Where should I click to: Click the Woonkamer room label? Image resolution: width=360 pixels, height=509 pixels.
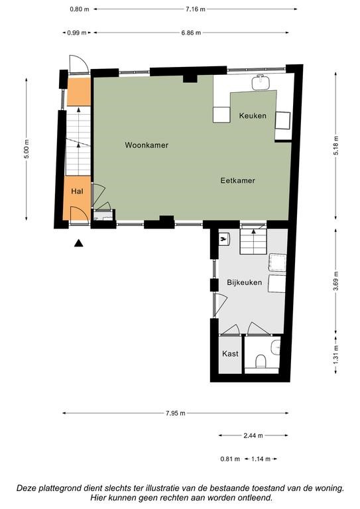[x=147, y=144]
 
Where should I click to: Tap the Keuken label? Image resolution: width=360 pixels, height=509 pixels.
[x=253, y=115]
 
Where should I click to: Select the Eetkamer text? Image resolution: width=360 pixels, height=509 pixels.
[x=237, y=180]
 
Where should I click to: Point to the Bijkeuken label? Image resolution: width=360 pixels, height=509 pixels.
[x=244, y=282]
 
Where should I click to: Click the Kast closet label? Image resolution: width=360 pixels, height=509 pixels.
[x=230, y=353]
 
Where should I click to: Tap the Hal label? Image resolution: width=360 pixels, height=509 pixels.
[x=77, y=191]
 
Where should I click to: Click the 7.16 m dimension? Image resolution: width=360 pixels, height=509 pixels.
[x=196, y=9]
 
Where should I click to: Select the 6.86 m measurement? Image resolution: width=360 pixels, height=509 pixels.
[x=191, y=32]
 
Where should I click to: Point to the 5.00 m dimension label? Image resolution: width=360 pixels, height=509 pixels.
[x=27, y=148]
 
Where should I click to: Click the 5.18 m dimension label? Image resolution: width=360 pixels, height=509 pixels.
[x=335, y=145]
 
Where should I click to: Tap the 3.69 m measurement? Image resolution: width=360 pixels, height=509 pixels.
[x=335, y=281]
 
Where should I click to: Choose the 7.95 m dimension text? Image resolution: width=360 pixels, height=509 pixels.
[x=175, y=414]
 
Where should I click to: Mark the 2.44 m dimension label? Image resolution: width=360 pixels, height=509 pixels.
[x=253, y=435]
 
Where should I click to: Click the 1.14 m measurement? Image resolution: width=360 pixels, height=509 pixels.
[x=261, y=459]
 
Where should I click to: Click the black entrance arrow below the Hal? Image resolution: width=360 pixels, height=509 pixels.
[x=78, y=243]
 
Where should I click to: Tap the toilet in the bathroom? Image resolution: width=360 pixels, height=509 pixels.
[x=261, y=361]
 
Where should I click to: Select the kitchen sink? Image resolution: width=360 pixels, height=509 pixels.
[x=261, y=82]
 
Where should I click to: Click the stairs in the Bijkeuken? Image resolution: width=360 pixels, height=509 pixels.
[x=253, y=241]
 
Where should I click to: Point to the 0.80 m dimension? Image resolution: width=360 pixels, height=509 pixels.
[x=79, y=9]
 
